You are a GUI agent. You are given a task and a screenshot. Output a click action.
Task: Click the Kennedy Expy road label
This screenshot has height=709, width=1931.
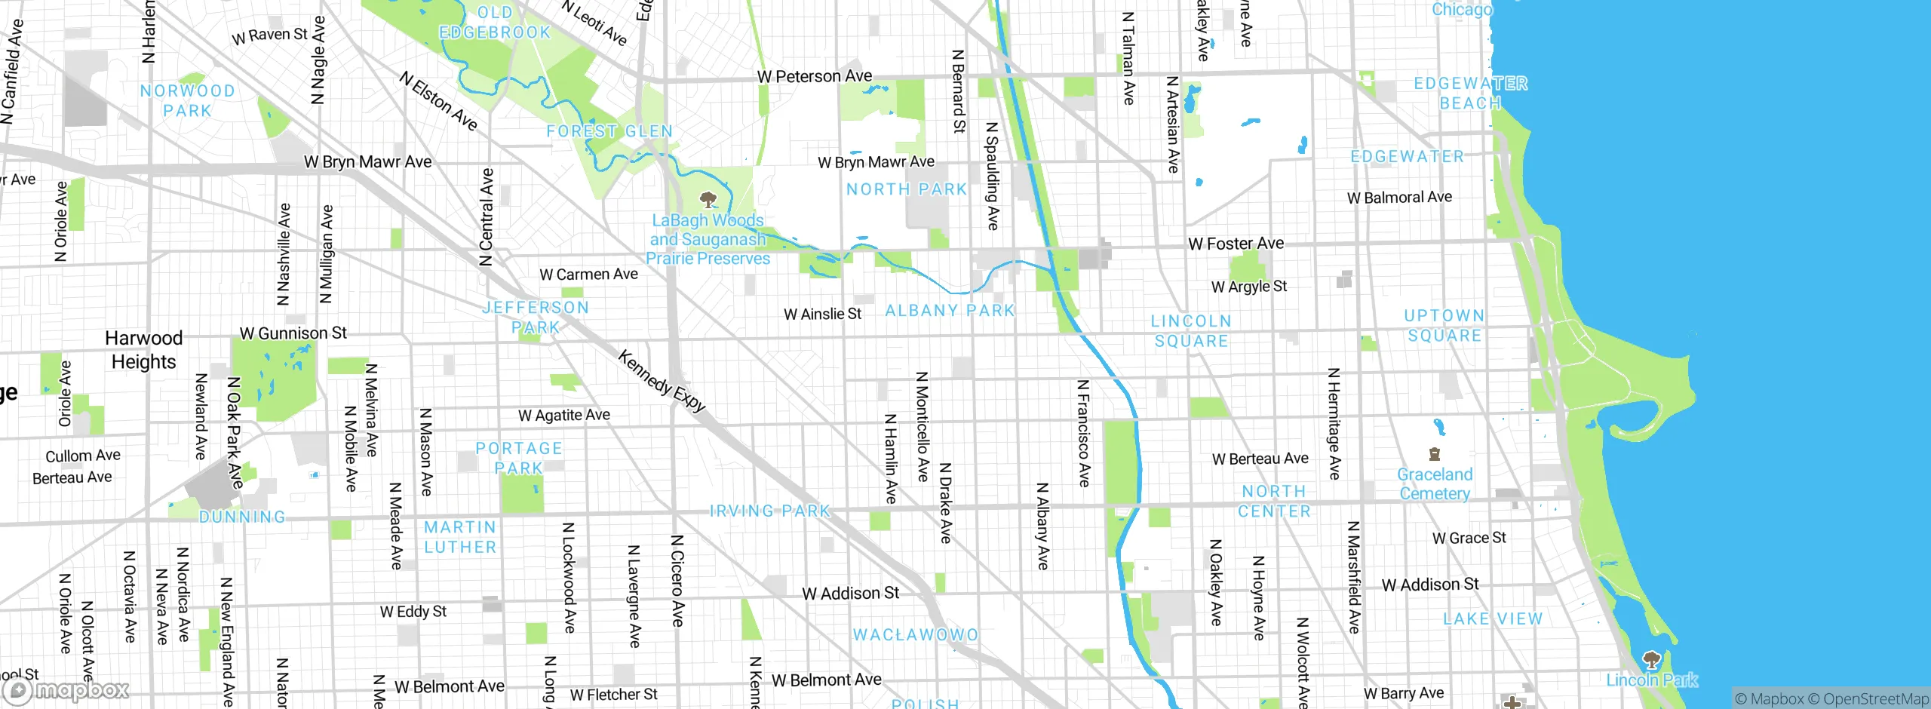[662, 382]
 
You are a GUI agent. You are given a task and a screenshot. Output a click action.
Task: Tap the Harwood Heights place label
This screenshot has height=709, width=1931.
[143, 350]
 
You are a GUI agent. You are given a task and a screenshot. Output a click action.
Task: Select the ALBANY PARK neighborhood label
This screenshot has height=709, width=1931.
[950, 311]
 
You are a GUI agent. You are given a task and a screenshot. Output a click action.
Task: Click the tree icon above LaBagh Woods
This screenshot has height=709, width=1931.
[708, 200]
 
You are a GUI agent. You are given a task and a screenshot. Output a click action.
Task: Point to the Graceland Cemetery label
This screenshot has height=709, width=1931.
[1434, 484]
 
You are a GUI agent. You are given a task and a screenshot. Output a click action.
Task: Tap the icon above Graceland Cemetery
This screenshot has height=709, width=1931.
[1435, 454]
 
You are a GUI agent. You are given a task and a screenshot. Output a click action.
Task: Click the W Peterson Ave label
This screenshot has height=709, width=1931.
[814, 76]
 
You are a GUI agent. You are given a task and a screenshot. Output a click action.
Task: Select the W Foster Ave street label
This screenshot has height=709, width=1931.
[1236, 244]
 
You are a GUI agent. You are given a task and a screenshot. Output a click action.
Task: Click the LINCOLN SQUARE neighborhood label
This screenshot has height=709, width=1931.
[1191, 331]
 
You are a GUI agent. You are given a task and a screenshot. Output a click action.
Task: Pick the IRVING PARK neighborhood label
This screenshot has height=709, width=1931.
[769, 511]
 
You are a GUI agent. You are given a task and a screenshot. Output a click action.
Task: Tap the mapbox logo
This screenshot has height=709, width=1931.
[66, 690]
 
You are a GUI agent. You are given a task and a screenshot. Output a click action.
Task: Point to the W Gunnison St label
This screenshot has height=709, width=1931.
[293, 333]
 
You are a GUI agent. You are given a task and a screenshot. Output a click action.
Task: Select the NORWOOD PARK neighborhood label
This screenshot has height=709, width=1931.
[187, 100]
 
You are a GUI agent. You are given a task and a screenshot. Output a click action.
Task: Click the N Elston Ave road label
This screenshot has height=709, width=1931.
[438, 101]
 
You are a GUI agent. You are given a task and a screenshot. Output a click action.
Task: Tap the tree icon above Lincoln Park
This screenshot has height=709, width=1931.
[1651, 660]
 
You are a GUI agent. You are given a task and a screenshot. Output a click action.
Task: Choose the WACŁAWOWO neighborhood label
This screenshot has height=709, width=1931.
[915, 635]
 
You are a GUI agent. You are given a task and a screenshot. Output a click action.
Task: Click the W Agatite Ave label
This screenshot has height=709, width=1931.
[563, 416]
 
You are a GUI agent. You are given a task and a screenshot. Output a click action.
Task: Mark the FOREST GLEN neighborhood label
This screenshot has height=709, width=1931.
[609, 131]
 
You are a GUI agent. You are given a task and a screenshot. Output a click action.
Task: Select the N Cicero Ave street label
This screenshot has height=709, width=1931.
[677, 581]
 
